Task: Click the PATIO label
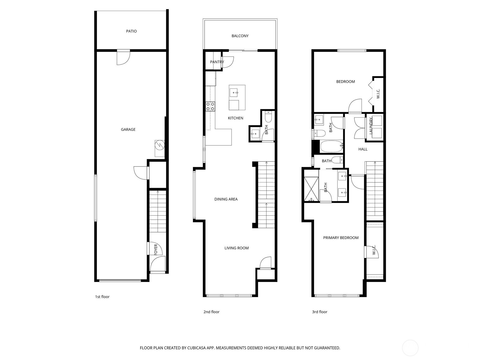coord(131,31)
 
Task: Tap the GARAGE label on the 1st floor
coord(128,129)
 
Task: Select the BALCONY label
coord(240,36)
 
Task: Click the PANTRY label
coord(217,62)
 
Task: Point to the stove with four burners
coord(210,106)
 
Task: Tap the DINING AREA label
coord(226,199)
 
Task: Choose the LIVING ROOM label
coord(236,248)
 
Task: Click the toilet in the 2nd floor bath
coord(268,117)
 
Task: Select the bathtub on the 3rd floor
coord(331,146)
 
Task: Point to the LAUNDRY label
coord(371,126)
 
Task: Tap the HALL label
coord(363,149)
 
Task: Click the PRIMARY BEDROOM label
coord(341,238)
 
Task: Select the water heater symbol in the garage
coord(160,145)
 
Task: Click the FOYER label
coord(156,249)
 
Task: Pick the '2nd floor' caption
coord(211,312)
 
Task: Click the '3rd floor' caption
coord(319,312)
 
